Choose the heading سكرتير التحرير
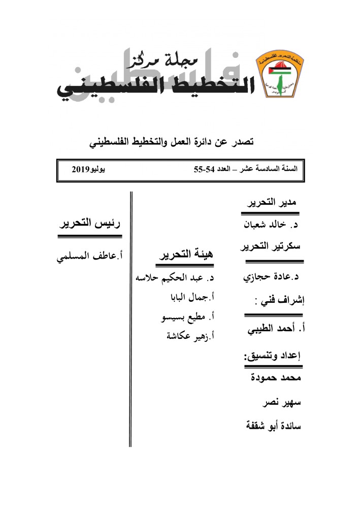click(272, 246)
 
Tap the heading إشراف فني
click(278, 300)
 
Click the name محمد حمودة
click(277, 378)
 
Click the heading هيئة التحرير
click(187, 256)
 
